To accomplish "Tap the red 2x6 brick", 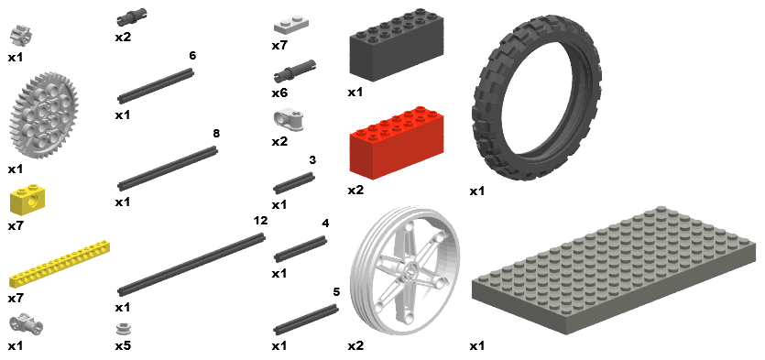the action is click(397, 139).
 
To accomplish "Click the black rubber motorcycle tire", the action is click(536, 98).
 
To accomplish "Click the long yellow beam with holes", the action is click(59, 264).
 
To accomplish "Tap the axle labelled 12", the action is click(191, 264).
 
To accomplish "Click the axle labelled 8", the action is click(168, 169).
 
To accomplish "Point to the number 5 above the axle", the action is click(336, 291).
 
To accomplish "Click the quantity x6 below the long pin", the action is click(279, 93).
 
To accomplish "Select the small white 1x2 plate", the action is click(290, 26).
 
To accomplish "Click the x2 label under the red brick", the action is click(355, 190).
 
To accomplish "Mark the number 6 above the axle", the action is click(192, 56).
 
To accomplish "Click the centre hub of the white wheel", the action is click(410, 267).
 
